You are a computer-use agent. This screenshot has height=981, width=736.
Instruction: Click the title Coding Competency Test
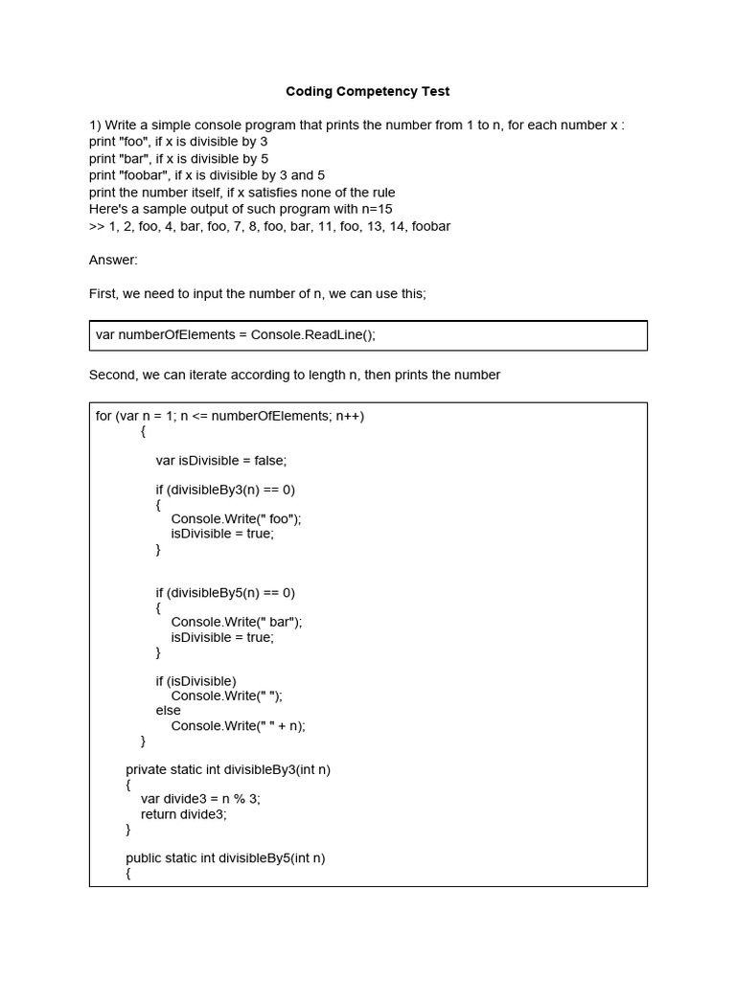click(367, 92)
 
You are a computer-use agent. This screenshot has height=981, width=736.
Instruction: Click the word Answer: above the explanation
click(113, 260)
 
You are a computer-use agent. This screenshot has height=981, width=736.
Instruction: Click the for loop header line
click(230, 416)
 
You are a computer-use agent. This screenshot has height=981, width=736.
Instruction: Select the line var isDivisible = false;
click(221, 460)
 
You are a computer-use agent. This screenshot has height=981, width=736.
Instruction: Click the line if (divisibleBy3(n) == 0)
click(225, 490)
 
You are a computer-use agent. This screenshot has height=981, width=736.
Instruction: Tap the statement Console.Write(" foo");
click(236, 519)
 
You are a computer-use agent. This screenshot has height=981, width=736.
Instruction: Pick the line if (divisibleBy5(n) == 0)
click(225, 593)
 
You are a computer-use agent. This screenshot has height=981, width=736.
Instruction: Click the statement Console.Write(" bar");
click(237, 622)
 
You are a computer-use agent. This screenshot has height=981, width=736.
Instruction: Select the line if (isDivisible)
click(195, 681)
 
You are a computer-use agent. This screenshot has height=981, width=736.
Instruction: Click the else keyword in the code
click(169, 711)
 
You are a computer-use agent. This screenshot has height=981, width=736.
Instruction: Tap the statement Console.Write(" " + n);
click(238, 725)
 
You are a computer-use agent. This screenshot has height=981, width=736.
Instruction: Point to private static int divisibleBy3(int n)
click(228, 770)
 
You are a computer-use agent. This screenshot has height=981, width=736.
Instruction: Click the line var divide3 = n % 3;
click(200, 799)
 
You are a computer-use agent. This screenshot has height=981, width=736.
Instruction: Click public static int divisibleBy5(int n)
click(225, 858)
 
